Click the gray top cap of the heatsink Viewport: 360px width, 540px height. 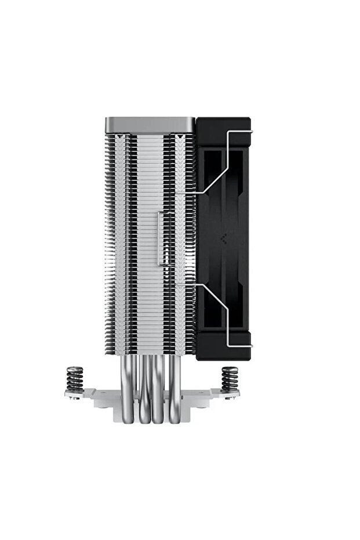point(150,124)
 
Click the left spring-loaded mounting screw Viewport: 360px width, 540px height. point(74,380)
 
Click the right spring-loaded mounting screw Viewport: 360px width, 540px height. point(230,380)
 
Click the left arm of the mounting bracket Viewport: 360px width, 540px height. point(87,396)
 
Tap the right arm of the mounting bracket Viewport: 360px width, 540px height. point(214,396)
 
